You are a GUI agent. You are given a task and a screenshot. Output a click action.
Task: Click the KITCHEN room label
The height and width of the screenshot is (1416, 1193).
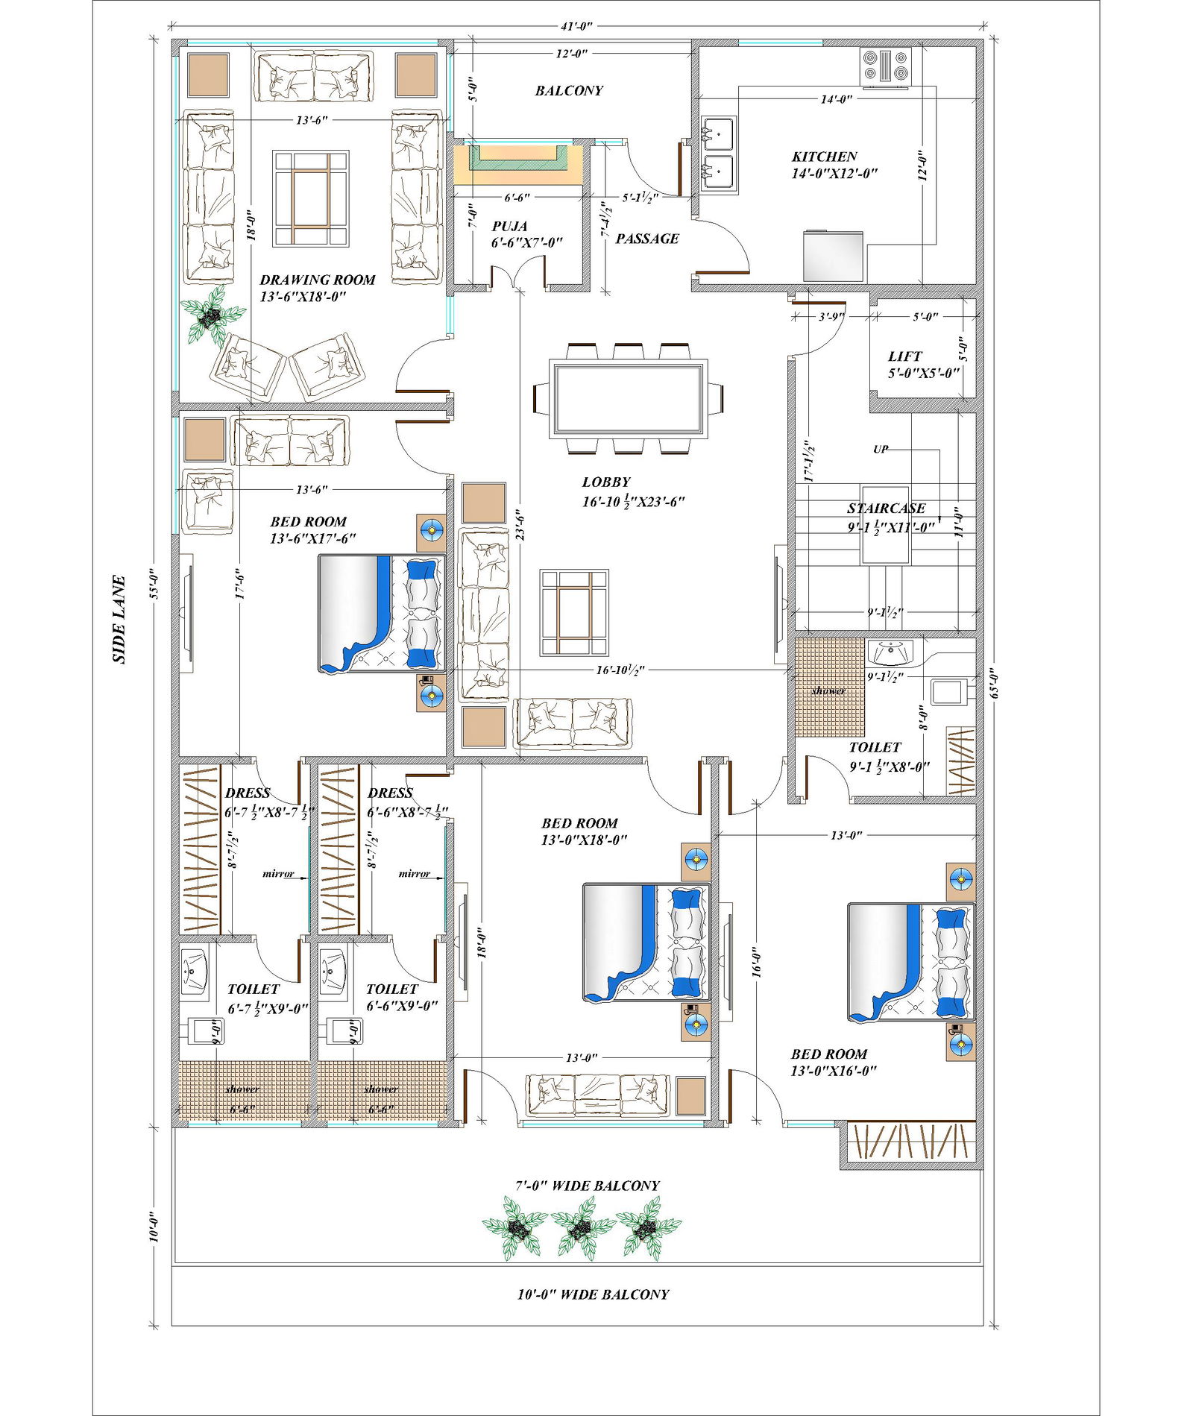824,157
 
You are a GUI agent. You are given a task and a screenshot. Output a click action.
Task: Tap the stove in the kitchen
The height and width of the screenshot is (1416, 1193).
885,65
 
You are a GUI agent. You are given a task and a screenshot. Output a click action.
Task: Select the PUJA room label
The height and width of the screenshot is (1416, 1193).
510,226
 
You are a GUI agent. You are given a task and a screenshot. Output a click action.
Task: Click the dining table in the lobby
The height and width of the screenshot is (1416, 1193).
628,398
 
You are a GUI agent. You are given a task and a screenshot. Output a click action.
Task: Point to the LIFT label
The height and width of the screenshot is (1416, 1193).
904,356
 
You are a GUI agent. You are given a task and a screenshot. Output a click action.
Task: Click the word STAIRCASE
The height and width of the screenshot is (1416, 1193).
886,509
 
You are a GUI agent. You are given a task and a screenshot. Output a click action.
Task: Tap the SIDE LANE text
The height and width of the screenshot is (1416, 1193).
119,619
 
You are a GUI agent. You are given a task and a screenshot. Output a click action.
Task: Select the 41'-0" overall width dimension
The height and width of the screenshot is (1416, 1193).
576,26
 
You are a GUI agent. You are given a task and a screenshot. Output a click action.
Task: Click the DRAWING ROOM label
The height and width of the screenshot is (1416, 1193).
317,280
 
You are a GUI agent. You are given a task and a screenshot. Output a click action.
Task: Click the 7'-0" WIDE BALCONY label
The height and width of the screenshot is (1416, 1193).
588,1186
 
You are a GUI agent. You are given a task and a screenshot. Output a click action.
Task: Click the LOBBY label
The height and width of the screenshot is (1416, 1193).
606,482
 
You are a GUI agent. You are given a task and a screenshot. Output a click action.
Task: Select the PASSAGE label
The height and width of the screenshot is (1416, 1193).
647,239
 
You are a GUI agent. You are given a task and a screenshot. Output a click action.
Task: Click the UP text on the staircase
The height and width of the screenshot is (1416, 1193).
881,450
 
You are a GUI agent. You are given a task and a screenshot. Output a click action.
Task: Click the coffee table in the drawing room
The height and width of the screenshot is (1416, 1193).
310,198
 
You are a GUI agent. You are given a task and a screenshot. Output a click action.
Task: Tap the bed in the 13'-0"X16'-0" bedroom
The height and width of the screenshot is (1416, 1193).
911,962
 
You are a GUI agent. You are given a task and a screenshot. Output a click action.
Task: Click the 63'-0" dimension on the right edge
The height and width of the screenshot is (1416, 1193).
994,682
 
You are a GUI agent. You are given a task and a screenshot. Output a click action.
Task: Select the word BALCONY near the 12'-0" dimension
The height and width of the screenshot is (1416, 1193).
569,91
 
